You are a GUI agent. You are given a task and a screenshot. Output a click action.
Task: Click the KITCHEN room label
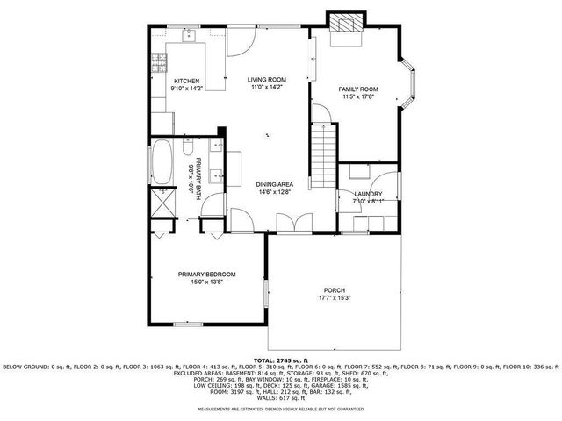[188, 81]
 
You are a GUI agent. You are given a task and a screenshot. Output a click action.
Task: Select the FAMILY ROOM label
[358, 89]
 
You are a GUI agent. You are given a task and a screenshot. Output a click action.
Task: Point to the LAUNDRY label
[367, 194]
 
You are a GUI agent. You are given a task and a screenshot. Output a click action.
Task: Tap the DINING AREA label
[274, 184]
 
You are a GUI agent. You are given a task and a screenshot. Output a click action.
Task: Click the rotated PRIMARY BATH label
[198, 177]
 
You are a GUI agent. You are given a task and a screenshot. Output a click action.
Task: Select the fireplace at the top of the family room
[345, 26]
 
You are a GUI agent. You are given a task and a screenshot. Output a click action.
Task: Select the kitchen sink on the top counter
[188, 36]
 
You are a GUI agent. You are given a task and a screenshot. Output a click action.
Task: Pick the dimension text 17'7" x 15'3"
[334, 298]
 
